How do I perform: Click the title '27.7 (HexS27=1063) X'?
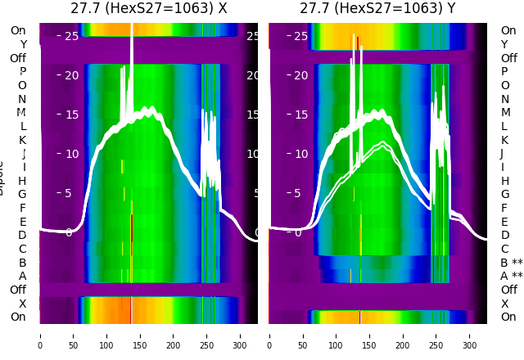148,9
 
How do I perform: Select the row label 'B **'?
511,263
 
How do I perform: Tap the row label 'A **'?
511,277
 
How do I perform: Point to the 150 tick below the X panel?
140,335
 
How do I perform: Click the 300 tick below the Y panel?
470,335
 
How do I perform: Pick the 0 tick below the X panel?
39,335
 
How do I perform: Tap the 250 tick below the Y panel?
436,335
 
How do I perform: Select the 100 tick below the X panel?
106,335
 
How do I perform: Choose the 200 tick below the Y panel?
403,335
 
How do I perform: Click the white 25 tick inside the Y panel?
300,36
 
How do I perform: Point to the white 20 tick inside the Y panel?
300,75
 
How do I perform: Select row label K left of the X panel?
23,140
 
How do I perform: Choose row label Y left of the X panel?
23,44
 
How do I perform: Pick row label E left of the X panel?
23,222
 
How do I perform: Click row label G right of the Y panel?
504,195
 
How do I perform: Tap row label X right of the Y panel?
504,304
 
